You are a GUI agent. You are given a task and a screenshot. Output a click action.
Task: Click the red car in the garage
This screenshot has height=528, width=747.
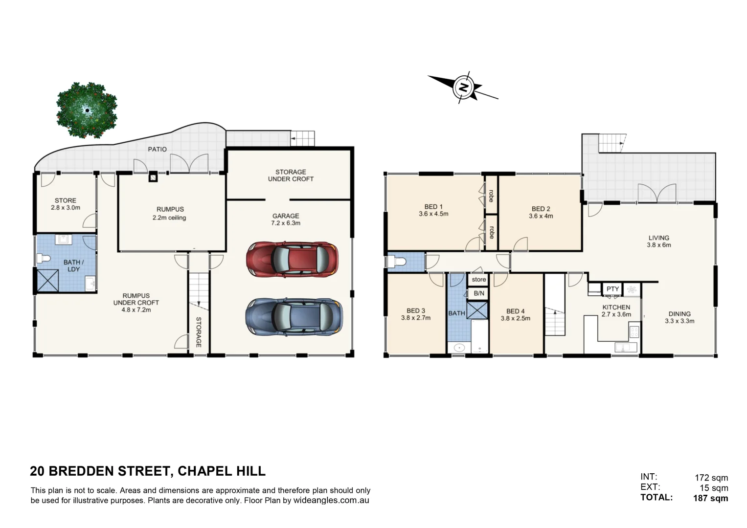292,259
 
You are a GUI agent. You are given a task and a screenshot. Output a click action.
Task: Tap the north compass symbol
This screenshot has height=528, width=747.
462,88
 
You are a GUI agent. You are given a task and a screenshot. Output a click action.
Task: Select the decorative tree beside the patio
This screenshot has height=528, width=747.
87,110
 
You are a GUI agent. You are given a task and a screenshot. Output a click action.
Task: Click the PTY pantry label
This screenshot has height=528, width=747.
612,289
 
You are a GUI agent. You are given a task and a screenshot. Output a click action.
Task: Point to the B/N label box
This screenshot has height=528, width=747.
478,293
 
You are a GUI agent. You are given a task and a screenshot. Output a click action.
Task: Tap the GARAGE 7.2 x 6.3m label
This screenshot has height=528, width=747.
286,219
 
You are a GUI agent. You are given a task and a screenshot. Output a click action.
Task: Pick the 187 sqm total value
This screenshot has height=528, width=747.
710,498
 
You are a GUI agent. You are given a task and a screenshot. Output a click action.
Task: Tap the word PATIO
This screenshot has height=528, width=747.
158,149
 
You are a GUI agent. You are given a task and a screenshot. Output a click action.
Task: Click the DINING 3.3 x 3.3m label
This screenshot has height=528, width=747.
679,317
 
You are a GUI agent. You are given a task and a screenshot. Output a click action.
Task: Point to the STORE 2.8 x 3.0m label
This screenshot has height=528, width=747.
66,204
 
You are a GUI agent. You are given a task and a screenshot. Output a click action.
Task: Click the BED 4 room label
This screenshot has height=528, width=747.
515,314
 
